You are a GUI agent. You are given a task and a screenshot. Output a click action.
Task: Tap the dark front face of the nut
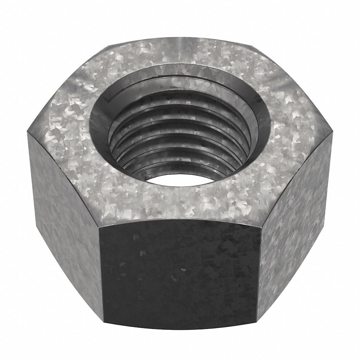click(178, 274)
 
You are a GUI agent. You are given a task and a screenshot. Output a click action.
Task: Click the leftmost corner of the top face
click(28, 133)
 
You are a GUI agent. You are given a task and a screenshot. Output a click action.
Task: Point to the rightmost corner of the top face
click(333, 133)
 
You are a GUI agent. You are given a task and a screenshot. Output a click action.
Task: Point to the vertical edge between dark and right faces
click(259, 274)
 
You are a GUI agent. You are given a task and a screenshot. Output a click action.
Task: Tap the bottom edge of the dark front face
click(178, 329)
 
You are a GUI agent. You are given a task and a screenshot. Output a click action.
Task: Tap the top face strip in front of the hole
click(178, 202)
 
